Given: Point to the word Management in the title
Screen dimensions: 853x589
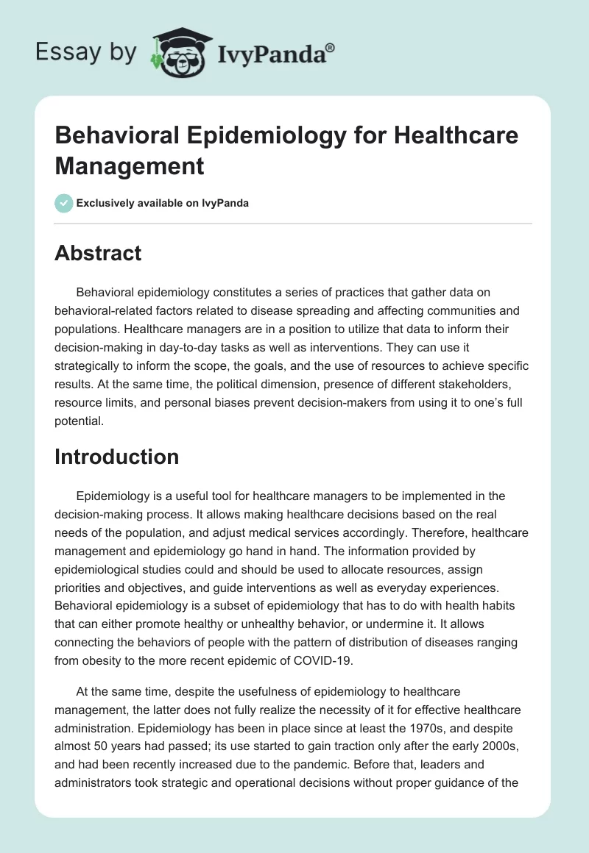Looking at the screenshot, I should pos(129,165).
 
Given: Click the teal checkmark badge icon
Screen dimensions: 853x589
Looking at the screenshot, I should pos(64,203).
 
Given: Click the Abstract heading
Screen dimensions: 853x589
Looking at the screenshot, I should pos(98,253).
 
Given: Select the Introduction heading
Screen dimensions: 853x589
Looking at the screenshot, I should pos(117,457).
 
